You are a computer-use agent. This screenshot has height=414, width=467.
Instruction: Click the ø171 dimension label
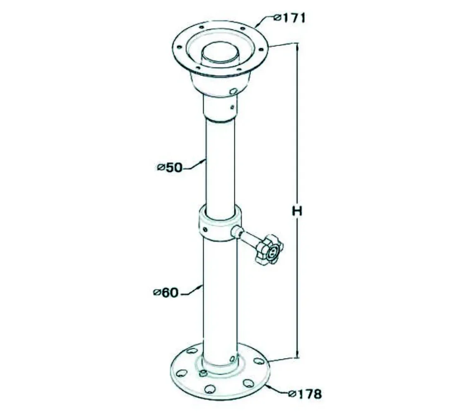click(x=289, y=18)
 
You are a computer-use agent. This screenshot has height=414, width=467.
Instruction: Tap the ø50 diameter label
click(x=169, y=168)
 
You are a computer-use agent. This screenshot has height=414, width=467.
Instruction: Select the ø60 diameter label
click(x=166, y=293)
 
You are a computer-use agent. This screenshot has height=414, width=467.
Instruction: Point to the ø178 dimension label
click(x=306, y=394)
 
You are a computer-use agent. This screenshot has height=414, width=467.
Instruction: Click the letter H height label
click(x=297, y=211)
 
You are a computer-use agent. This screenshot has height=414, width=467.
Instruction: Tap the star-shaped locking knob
click(x=269, y=249)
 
